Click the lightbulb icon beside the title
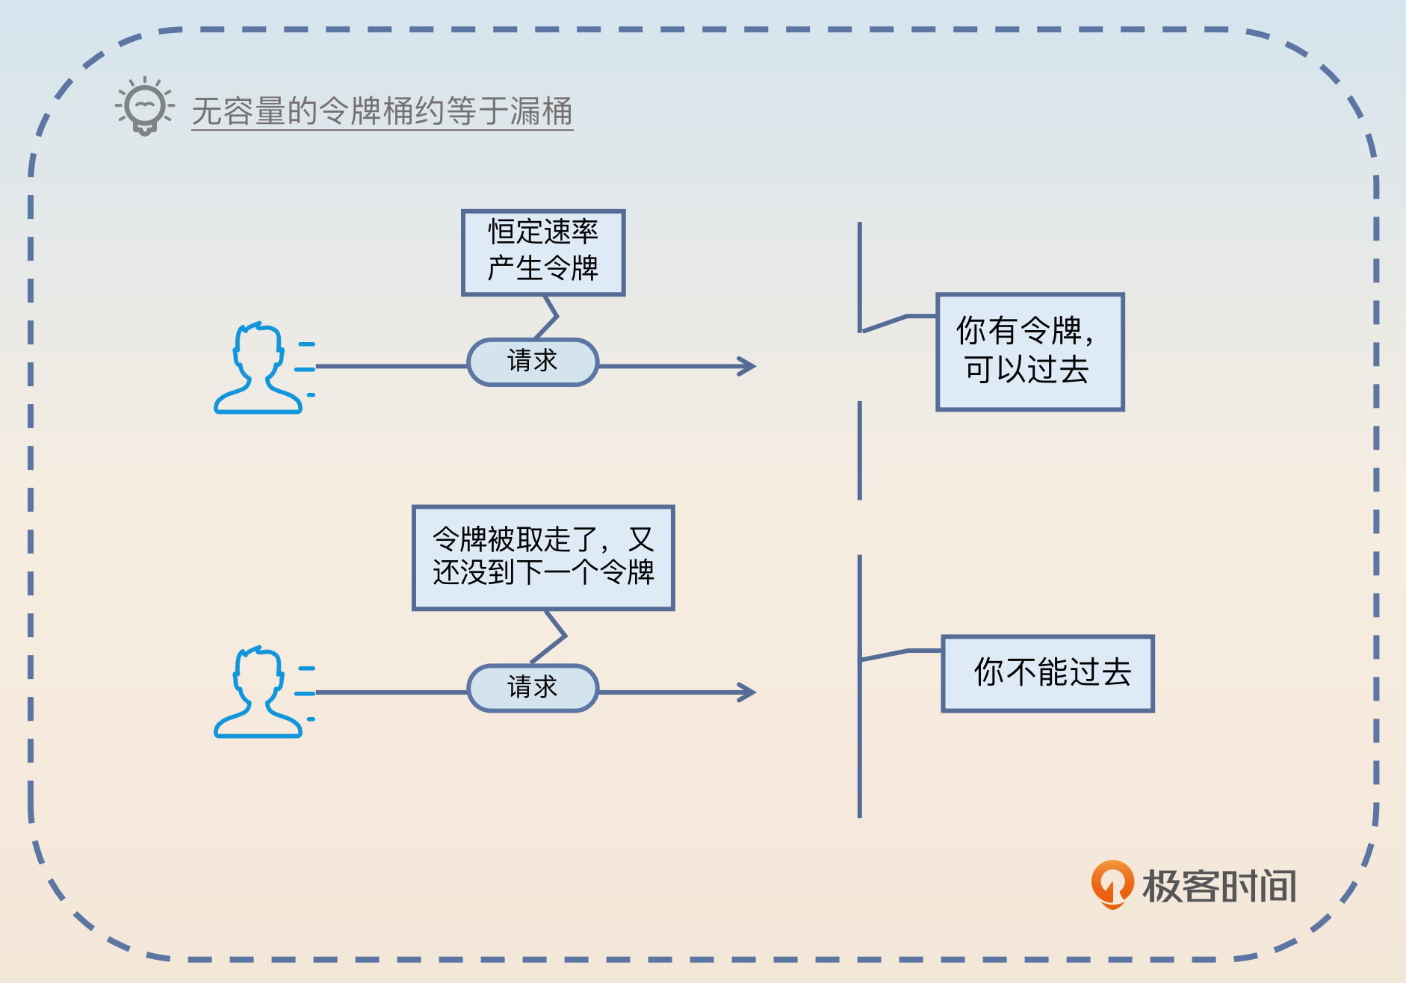coord(144,107)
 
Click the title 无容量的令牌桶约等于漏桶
coord(382,111)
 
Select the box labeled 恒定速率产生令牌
coord(543,252)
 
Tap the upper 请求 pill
coord(533,362)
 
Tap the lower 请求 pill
coord(533,688)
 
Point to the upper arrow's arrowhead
coord(748,366)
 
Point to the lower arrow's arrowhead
coord(748,692)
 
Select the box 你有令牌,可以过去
coord(1030,352)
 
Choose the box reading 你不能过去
coord(1047,673)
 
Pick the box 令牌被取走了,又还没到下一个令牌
coord(543,557)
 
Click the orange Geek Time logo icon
coord(1112,884)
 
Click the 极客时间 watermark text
coord(1219,887)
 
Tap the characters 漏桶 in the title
coord(542,111)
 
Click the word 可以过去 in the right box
coord(1026,370)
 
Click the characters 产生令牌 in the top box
coord(543,268)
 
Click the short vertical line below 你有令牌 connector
coord(860,450)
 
